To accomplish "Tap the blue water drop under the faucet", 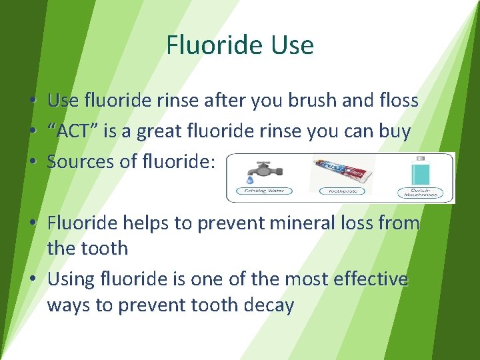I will pyautogui.click(x=249, y=180).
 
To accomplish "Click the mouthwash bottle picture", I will pyautogui.click(x=420, y=173).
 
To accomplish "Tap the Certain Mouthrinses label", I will pyautogui.click(x=420, y=193).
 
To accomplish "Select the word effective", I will pyautogui.click(x=368, y=279).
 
